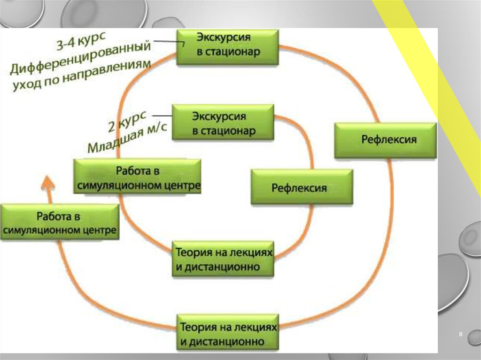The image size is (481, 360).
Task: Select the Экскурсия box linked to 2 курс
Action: (223, 122)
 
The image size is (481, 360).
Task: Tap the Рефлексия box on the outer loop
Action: (386, 140)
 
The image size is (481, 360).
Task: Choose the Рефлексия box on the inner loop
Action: (302, 187)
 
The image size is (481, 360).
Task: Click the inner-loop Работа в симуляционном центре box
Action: (138, 176)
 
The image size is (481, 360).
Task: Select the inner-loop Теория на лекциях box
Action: (224, 259)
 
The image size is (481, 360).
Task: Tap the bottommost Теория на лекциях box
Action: (228, 333)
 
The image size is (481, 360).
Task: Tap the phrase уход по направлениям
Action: (82, 77)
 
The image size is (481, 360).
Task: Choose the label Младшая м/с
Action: (127, 136)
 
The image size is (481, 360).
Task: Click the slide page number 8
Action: (460, 334)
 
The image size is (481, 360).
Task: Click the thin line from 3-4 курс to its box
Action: (167, 42)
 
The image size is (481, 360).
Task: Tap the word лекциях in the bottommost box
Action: (254, 327)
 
